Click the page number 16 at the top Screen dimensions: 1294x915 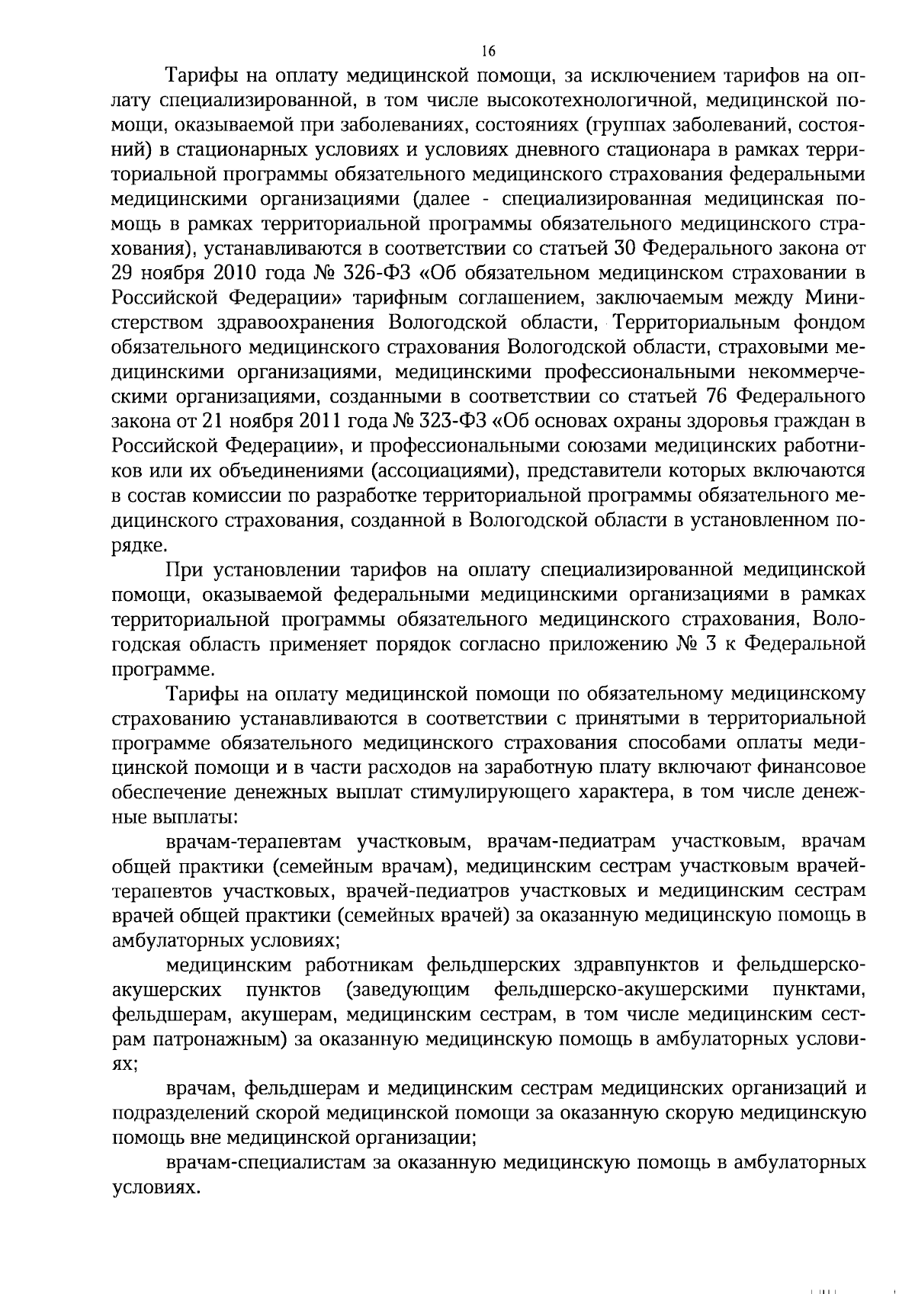click(x=489, y=51)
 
